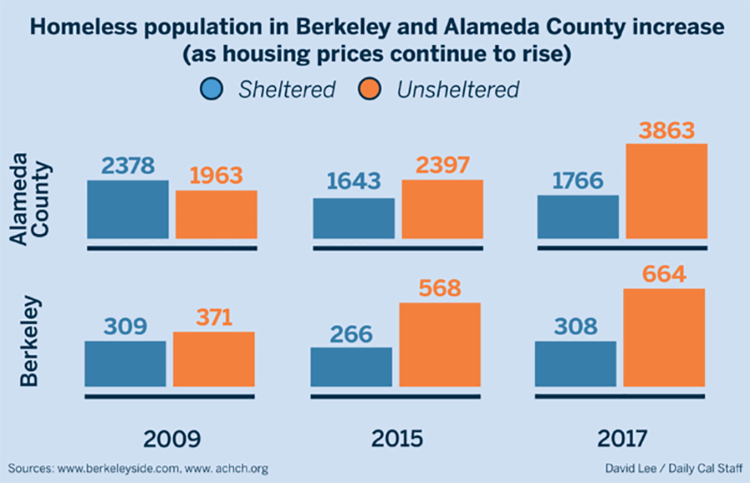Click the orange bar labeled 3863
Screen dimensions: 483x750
click(666, 192)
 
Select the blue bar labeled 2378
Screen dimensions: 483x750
click(128, 210)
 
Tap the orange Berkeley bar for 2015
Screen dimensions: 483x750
click(441, 344)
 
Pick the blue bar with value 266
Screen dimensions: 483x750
click(352, 366)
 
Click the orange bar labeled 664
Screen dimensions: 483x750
click(664, 337)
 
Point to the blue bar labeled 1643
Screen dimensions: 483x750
click(354, 218)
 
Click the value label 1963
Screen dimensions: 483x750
click(215, 176)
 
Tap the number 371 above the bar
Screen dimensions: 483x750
click(214, 317)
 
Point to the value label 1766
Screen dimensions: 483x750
click(577, 181)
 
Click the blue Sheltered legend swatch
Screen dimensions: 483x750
click(212, 89)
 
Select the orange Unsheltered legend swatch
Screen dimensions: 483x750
click(371, 89)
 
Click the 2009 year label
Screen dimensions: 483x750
click(170, 438)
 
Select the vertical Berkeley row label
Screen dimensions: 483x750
click(30, 339)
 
